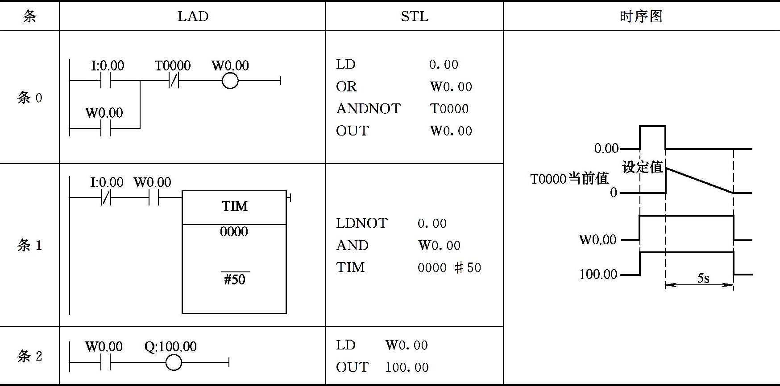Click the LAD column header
[193, 16]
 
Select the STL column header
[415, 16]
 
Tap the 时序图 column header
[641, 16]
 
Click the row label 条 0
[29, 98]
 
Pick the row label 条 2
[29, 356]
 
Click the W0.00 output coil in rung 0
[230, 81]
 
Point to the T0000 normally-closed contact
[174, 81]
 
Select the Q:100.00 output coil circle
[174, 362]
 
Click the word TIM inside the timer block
[235, 206]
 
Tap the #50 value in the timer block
[235, 279]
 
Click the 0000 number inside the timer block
[234, 232]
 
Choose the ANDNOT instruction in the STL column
[368, 109]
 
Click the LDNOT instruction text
[361, 223]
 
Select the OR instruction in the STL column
[346, 86]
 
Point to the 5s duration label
[703, 279]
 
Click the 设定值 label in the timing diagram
[642, 167]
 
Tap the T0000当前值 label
[569, 179]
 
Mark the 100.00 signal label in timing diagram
[598, 274]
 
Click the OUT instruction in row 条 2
[352, 367]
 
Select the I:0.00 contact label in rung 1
[107, 182]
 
